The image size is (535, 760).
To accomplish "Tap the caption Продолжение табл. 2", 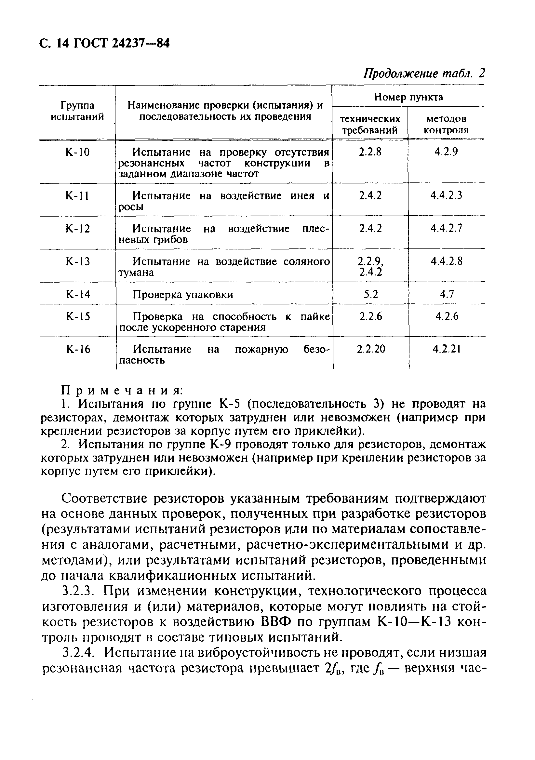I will [424, 73].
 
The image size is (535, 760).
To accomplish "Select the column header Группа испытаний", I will [77, 111].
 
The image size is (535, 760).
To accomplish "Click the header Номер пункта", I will [408, 97].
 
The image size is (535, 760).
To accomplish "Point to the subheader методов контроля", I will [446, 125].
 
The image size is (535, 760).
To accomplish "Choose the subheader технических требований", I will [370, 125].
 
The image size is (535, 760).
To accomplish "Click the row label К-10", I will [77, 152].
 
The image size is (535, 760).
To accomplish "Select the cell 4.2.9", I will [446, 152].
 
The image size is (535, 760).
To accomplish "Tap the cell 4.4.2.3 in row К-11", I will [446, 196].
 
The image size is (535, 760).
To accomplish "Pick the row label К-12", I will [77, 229].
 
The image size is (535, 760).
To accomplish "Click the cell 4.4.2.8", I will [446, 261].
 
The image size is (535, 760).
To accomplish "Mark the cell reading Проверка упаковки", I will [183, 295].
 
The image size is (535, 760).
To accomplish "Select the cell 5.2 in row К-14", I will [370, 294].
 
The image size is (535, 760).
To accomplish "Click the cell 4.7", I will [447, 294].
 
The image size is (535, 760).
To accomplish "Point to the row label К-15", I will [78, 317].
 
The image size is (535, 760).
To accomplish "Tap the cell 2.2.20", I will [371, 349].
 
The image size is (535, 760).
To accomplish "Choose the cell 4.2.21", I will [447, 349].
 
